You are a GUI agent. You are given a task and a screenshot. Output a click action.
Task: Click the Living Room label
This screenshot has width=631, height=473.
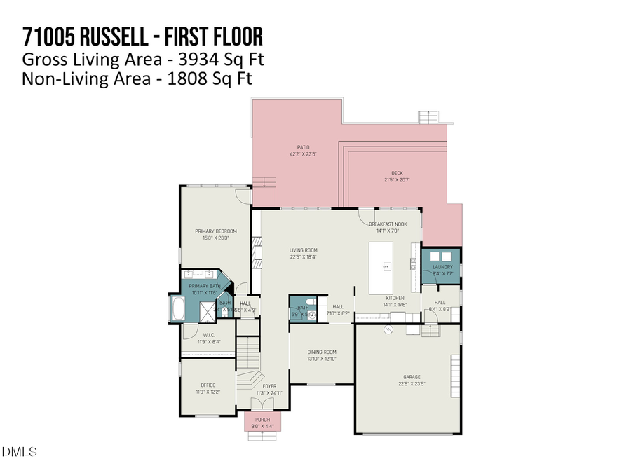[304, 250]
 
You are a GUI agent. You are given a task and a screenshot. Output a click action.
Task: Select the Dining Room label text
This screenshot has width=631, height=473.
[323, 352]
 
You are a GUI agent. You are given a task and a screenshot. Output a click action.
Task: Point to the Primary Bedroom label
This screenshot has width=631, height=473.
[216, 231]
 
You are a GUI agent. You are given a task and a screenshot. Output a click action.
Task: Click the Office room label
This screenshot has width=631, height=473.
[208, 385]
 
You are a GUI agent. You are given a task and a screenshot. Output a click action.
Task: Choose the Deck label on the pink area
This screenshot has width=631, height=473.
[397, 174]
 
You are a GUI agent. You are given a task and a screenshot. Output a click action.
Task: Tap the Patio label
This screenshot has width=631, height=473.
[303, 147]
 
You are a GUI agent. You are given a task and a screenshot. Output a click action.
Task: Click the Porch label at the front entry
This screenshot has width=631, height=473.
[262, 419]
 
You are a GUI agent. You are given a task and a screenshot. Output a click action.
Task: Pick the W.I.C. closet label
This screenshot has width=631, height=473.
[208, 335]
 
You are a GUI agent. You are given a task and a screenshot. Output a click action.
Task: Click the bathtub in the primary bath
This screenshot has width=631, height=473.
[174, 309]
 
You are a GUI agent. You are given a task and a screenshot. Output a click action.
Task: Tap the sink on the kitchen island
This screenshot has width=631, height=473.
[386, 267]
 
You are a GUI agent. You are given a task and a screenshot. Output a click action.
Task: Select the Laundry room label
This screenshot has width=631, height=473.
[442, 267]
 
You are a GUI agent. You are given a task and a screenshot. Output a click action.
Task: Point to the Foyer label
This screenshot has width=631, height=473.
[269, 386]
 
